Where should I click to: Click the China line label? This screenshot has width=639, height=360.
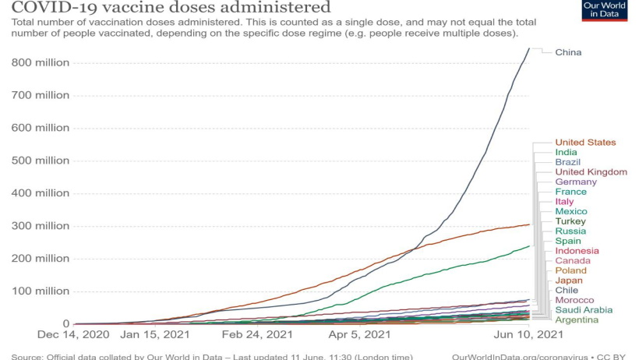tap(568, 52)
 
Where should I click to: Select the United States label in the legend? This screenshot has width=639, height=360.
tap(585, 143)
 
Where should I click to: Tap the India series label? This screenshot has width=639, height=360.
tap(566, 152)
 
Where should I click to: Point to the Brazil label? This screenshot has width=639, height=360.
tap(567, 162)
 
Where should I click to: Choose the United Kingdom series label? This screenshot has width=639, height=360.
tap(591, 171)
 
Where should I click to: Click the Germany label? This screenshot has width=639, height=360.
tap(576, 182)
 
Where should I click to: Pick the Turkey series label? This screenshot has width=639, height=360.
tap(570, 221)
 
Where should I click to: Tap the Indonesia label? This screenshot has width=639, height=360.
tap(577, 251)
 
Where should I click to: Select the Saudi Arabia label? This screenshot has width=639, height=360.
tap(584, 310)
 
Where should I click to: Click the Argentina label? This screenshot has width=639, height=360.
tap(577, 319)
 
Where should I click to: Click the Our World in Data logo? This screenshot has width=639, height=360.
tap(604, 11)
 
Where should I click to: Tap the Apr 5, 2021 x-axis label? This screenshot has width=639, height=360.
tap(359, 335)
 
